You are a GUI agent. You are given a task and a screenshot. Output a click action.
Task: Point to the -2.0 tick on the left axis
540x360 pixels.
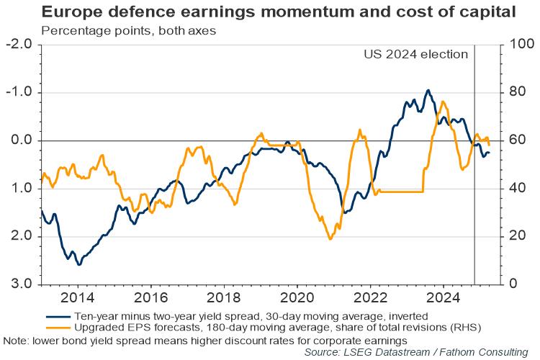[x=22, y=45]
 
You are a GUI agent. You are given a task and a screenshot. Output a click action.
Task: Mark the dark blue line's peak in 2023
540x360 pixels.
[x=428, y=90]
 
